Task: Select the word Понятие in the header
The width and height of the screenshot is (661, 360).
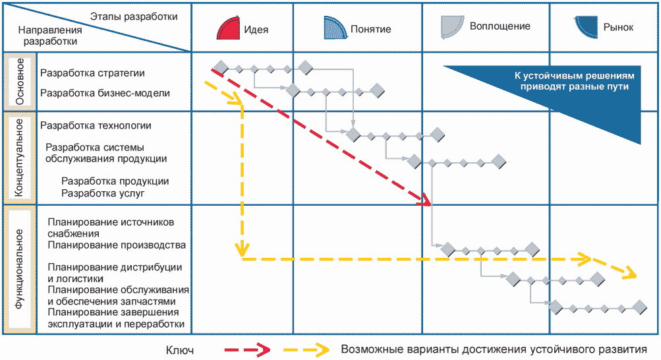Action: (371, 29)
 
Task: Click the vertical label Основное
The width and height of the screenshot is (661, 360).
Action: (20, 81)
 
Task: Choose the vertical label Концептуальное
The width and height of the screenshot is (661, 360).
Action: (20, 157)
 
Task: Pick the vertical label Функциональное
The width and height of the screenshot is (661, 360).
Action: (20, 269)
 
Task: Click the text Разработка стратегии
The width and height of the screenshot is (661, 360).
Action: (92, 73)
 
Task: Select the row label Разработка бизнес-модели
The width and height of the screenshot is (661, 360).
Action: (105, 93)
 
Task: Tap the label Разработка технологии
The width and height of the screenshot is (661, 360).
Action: (96, 125)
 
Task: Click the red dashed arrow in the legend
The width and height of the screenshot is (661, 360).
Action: (247, 349)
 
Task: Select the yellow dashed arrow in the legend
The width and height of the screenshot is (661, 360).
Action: (307, 349)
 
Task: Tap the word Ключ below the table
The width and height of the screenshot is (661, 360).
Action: (180, 350)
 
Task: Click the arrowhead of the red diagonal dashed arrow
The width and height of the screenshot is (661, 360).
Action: (426, 200)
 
